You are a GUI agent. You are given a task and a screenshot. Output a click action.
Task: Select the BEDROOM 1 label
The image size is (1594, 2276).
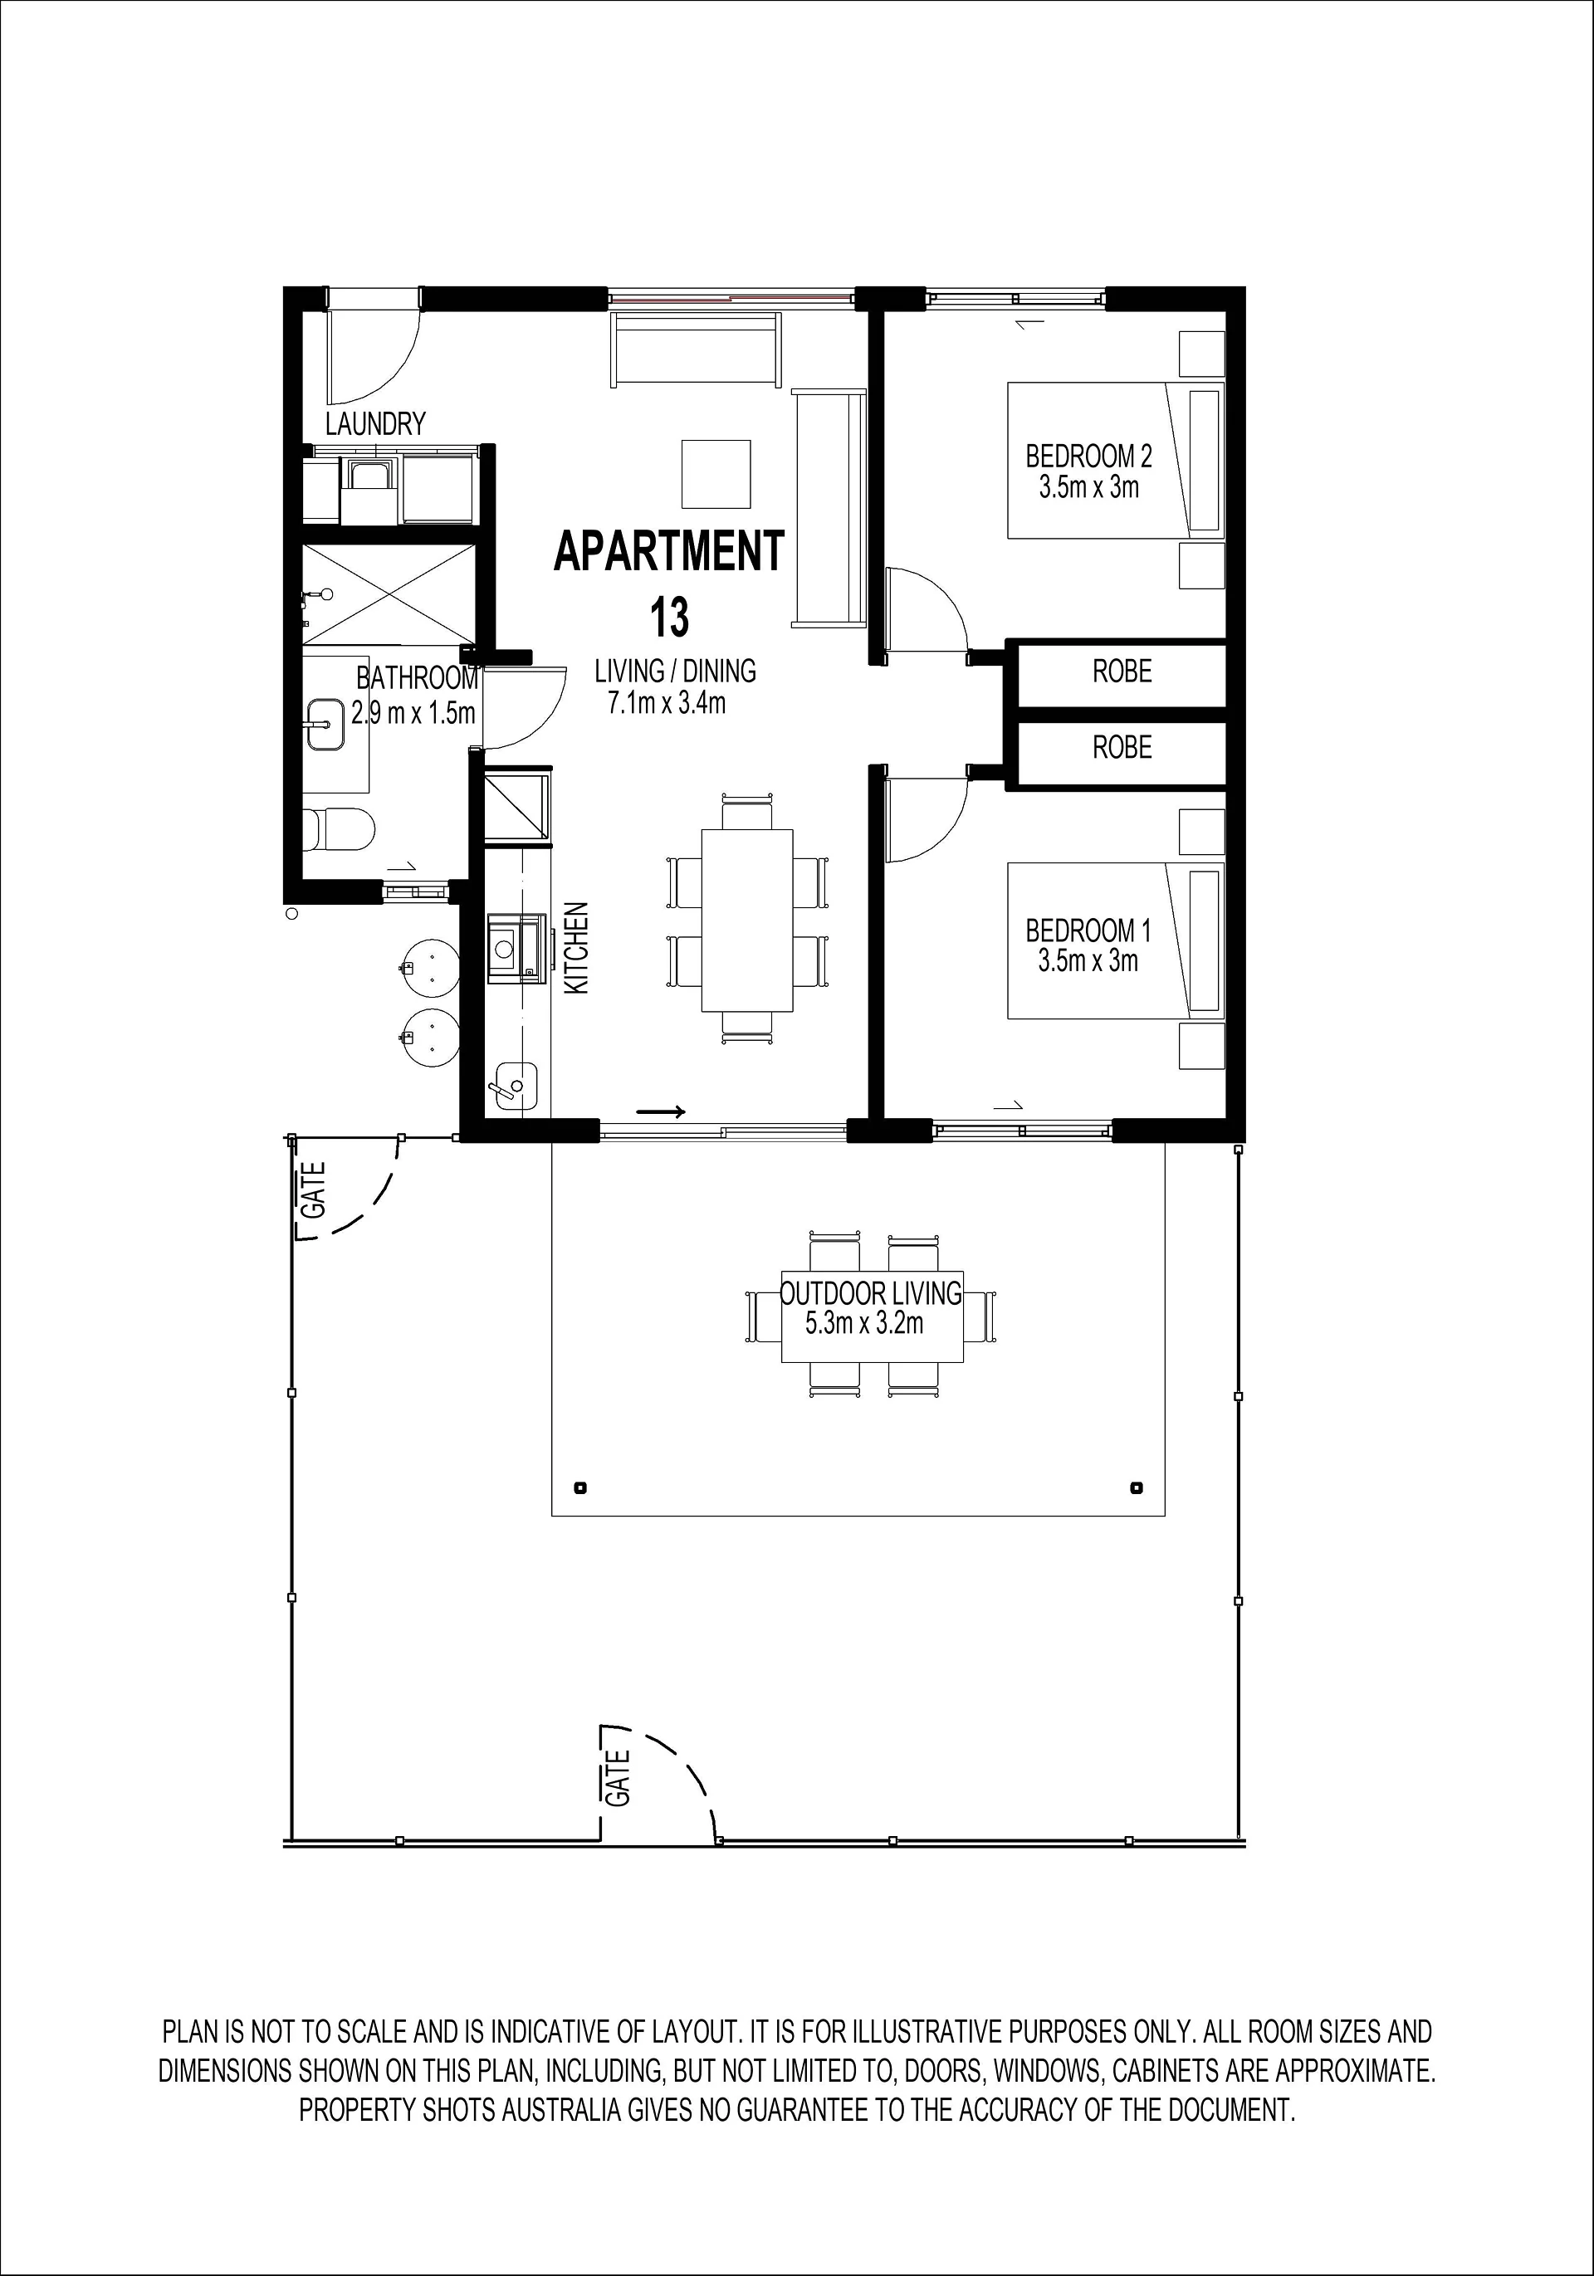(x=1088, y=930)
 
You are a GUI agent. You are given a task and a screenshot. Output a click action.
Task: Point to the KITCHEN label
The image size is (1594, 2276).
(x=576, y=948)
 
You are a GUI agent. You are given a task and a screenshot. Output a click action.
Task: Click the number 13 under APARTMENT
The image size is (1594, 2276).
(x=669, y=618)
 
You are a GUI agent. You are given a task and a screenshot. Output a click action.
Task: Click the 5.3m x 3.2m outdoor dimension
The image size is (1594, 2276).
(x=864, y=1323)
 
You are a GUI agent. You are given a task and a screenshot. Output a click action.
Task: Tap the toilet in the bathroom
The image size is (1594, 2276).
(x=339, y=828)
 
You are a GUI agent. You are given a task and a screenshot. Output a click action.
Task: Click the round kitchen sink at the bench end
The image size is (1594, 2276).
(x=515, y=1086)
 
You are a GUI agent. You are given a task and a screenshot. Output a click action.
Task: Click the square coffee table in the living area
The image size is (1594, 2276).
(x=716, y=474)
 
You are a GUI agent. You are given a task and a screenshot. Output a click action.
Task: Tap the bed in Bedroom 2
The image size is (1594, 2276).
(x=1116, y=461)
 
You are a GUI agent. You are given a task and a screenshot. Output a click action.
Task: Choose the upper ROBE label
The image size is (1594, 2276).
(x=1122, y=672)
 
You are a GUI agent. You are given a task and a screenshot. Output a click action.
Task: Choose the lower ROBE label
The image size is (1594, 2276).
(x=1122, y=746)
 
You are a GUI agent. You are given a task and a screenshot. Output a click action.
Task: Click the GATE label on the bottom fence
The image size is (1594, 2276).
(x=619, y=1778)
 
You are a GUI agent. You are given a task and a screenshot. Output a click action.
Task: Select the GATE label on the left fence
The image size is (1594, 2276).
(x=313, y=1189)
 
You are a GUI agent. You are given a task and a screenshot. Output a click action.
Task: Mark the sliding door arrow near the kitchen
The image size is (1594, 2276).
(x=660, y=1112)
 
